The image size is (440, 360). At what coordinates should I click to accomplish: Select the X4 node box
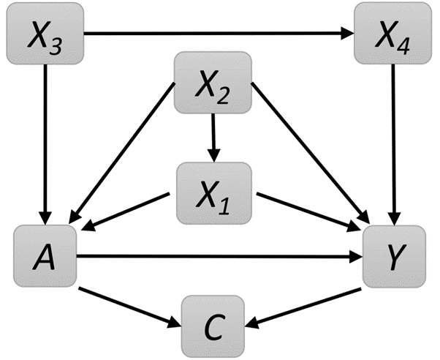pos(393,33)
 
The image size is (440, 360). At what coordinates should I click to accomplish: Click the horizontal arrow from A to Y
pos(219,256)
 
